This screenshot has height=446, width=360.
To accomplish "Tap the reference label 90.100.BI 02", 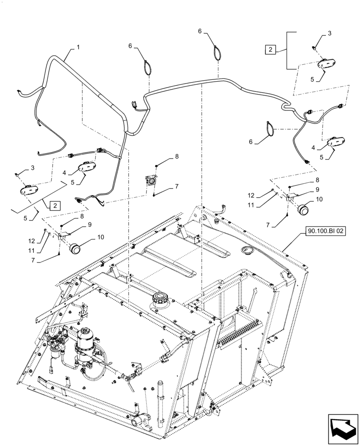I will (326, 231).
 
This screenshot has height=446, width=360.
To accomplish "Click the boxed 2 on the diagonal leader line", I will (54, 206).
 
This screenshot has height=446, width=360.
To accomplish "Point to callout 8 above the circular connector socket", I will (176, 157).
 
